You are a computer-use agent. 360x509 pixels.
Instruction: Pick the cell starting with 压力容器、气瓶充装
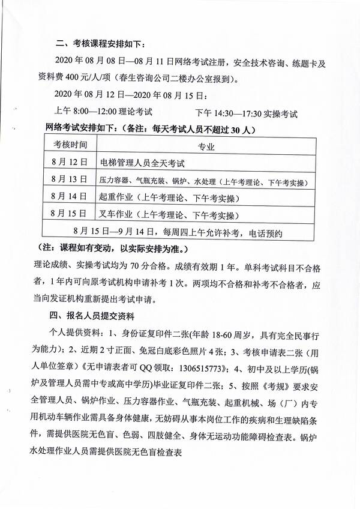point(198,180)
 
